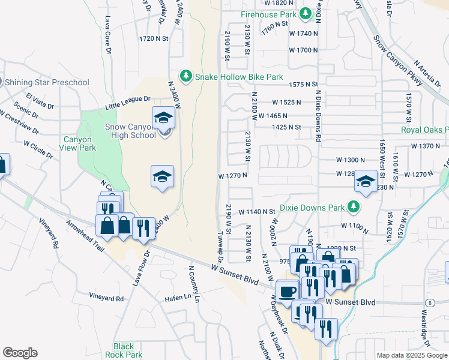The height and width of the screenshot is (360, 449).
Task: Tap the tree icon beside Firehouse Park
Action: point(306,13)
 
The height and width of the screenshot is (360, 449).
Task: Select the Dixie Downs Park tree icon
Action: point(354,208)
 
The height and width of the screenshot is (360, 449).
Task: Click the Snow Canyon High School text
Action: point(130,131)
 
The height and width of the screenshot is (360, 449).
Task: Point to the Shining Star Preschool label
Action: point(46,82)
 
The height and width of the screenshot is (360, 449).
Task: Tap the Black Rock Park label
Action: point(124,350)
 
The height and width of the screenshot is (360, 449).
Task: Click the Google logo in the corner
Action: point(20,353)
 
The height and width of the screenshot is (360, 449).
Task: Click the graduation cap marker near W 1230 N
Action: point(364,181)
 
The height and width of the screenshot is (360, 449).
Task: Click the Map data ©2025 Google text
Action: point(411,355)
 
